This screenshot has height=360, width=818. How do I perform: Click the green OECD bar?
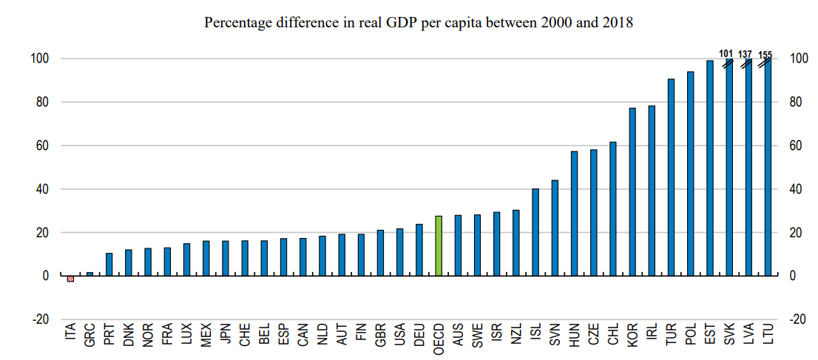pos(439,245)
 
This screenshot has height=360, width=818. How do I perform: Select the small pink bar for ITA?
pos(70,279)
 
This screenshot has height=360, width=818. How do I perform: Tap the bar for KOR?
pos(632,191)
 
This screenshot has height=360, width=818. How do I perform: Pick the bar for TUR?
pos(671,177)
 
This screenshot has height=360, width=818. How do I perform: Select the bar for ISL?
pos(535,232)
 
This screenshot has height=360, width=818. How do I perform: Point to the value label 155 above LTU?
pos(765,54)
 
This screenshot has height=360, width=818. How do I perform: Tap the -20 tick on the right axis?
pos(797,319)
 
